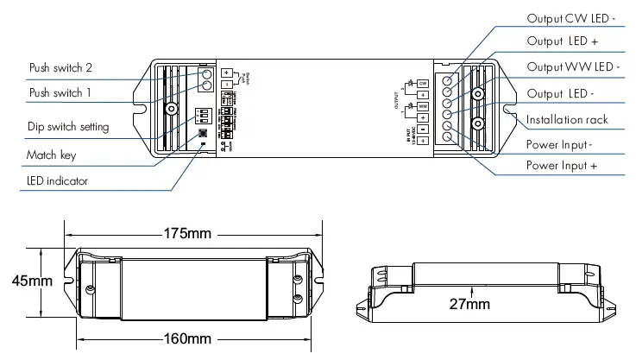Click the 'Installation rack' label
click(x=567, y=119)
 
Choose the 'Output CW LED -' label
click(x=572, y=18)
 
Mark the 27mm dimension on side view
click(x=471, y=304)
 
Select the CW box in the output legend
click(x=425, y=83)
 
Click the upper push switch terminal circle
click(x=207, y=73)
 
